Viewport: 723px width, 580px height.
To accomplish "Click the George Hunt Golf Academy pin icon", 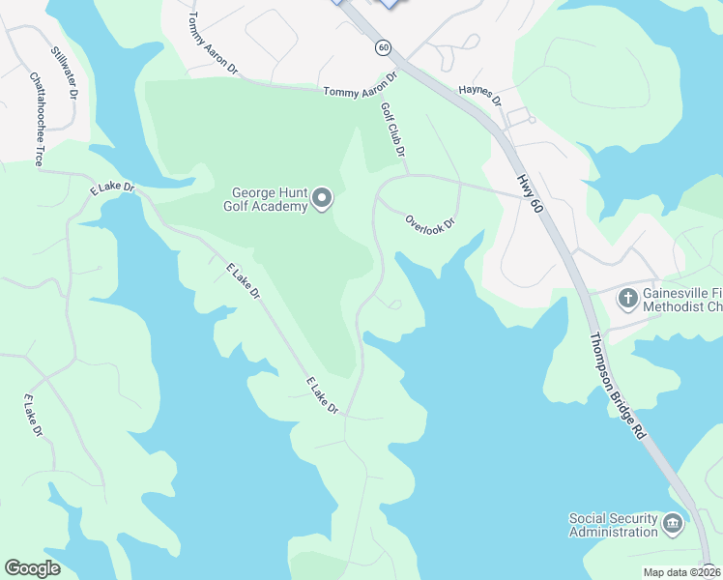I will pyautogui.click(x=322, y=199).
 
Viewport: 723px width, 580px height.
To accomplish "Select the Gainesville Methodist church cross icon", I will pyautogui.click(x=627, y=297).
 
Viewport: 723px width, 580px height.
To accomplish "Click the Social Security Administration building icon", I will pyautogui.click(x=673, y=525).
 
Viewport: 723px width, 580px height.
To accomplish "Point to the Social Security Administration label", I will pyautogui.click(x=613, y=525).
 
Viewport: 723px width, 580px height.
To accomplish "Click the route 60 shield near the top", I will pyautogui.click(x=384, y=46).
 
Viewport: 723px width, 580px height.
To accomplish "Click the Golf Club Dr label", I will pyautogui.click(x=392, y=130).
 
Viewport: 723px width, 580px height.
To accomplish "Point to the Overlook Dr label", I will pyautogui.click(x=430, y=223).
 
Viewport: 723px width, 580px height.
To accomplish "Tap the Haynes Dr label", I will pyautogui.click(x=480, y=93).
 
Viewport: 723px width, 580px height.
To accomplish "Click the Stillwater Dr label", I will pyautogui.click(x=64, y=73).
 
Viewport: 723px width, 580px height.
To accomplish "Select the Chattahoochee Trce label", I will pyautogui.click(x=36, y=118).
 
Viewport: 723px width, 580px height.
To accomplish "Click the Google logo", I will pyautogui.click(x=32, y=568).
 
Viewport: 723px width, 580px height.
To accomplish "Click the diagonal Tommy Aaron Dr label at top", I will pyautogui.click(x=213, y=44).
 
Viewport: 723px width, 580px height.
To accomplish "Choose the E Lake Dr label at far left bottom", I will pyautogui.click(x=33, y=416).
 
